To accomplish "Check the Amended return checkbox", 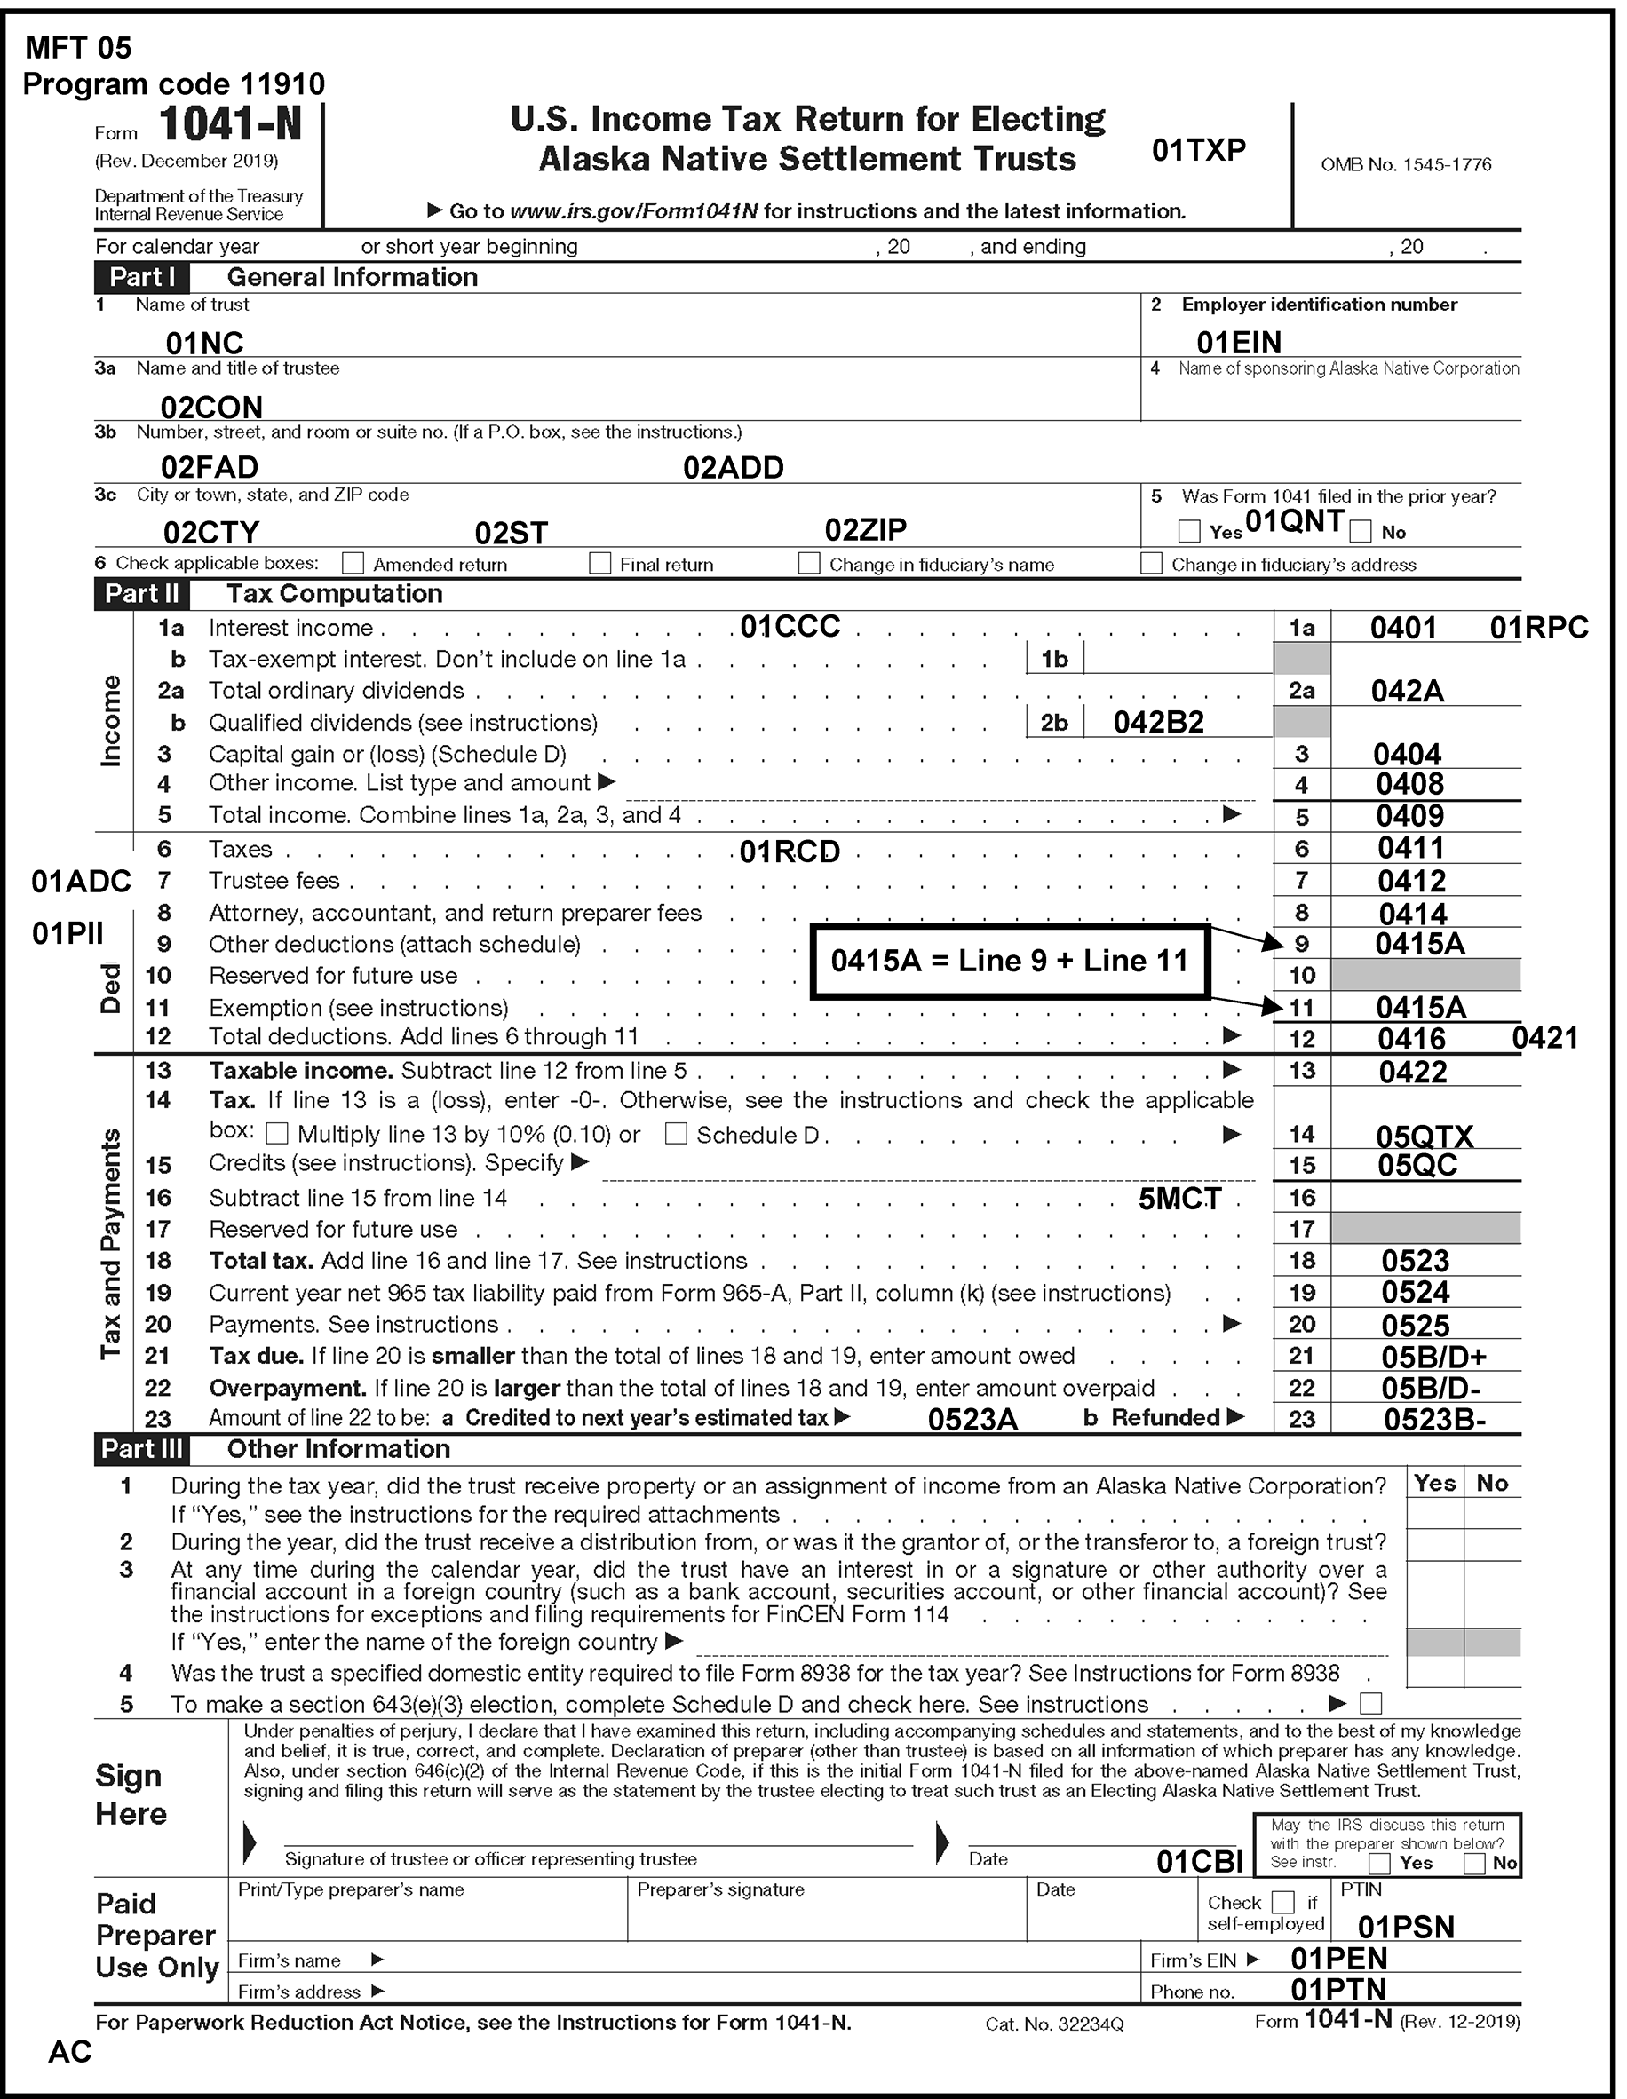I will [353, 563].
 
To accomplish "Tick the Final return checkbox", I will [599, 563].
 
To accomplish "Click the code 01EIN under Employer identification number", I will [1239, 342].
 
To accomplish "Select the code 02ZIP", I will [865, 529].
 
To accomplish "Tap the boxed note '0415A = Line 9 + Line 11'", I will [1009, 961].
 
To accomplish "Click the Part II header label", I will [141, 594].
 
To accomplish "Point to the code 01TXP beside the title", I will [1198, 150].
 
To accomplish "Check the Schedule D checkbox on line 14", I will [677, 1134].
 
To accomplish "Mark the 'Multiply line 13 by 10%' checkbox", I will [277, 1134].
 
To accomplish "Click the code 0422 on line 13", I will [1413, 1072].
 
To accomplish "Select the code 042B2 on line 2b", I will [1158, 723].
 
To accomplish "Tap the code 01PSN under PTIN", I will [1406, 1926].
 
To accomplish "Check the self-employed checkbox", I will [1282, 1902].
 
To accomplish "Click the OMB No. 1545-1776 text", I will [1406, 164].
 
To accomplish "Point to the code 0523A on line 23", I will [972, 1420].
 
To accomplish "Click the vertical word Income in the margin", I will [112, 721].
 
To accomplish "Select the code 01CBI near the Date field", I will [1199, 1862].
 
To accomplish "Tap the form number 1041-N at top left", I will [230, 125].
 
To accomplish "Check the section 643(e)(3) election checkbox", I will [1371, 1704].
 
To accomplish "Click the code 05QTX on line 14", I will [1425, 1137].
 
